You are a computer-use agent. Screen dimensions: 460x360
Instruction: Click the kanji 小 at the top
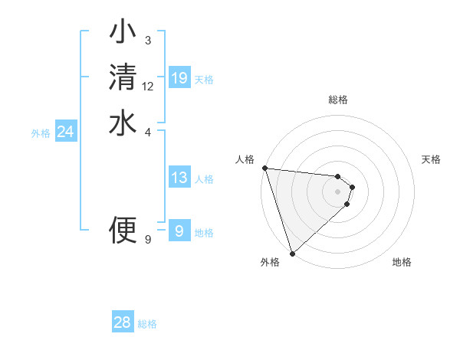pos(123,33)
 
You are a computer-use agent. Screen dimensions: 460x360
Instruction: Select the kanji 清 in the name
pos(123,78)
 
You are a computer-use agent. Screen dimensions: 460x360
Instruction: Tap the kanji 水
pos(123,123)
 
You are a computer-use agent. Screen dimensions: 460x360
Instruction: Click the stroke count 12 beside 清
pos(148,87)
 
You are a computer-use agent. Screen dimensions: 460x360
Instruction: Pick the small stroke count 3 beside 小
pos(148,41)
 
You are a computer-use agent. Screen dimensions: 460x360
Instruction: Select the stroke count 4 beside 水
pos(148,132)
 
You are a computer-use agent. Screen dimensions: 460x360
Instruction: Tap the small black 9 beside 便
pos(148,239)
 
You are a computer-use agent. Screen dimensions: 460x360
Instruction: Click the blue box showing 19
pos(179,78)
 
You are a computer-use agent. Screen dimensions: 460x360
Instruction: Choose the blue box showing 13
pos(179,178)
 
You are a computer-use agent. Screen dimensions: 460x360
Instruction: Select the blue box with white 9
pos(179,231)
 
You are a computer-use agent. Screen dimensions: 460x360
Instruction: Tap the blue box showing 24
pos(66,133)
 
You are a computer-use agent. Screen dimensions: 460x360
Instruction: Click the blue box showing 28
pos(123,322)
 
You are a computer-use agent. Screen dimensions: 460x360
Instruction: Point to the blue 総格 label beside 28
pos(147,324)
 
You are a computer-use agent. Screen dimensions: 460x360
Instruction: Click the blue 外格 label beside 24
pos(41,133)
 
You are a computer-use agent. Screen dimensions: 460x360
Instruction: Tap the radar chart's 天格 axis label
pos(432,159)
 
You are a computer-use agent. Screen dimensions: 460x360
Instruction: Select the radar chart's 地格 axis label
pos(402,262)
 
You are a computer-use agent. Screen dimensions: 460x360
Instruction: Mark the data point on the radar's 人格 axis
pos(264,168)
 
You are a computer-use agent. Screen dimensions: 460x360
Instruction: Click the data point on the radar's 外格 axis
pos(292,253)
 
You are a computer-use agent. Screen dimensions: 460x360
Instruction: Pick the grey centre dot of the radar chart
pos(338,191)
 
